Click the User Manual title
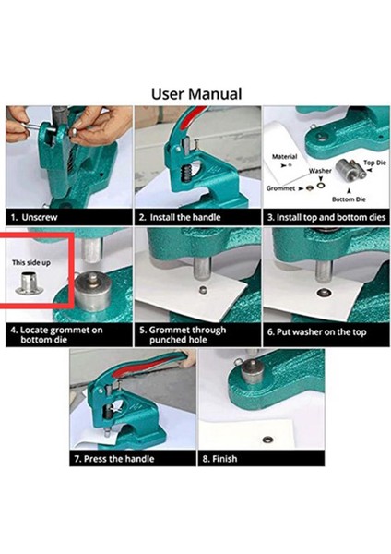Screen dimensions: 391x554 [196, 94]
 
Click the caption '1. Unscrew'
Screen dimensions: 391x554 [34, 217]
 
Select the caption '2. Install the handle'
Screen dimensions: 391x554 [180, 217]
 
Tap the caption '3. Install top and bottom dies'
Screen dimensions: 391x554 [326, 217]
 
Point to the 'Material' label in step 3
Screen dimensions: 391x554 [284, 156]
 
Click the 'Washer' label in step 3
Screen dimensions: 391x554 [320, 171]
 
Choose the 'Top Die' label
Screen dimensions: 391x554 [374, 163]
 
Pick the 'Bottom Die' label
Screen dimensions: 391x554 [349, 199]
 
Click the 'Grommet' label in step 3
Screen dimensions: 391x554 [280, 188]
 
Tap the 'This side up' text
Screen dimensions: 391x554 [31, 262]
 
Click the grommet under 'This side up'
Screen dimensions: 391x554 [30, 283]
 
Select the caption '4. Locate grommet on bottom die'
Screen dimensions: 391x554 [56, 335]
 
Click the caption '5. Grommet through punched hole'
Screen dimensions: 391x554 [183, 335]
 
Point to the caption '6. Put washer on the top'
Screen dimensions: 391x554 [316, 332]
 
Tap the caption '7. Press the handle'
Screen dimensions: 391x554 [114, 459]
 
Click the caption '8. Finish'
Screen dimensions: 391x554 [219, 459]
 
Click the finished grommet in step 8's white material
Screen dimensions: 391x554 [268, 440]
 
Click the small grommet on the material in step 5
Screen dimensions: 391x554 [203, 291]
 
